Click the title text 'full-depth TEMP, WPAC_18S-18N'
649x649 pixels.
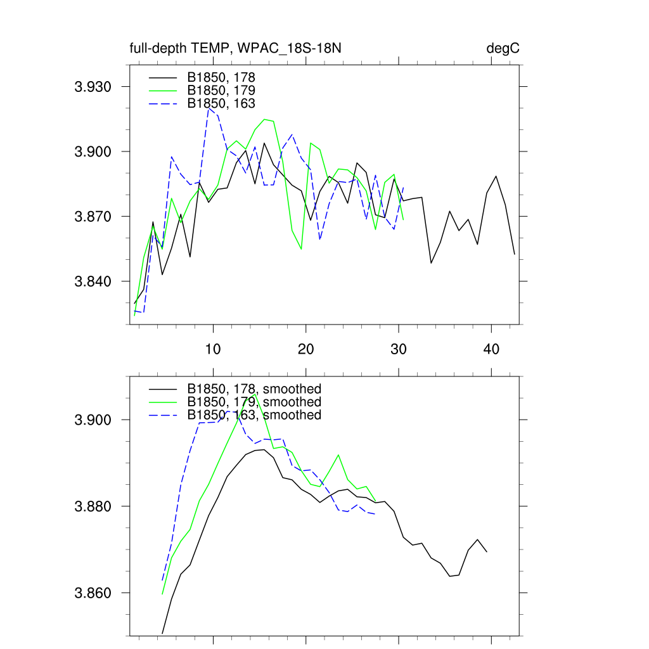coord(236,49)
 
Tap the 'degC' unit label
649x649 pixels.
coord(503,49)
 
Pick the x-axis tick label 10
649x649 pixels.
coord(213,349)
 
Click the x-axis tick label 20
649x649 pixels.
coord(306,349)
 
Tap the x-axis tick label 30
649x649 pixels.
coord(399,349)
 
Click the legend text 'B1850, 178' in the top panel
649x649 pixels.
coord(221,77)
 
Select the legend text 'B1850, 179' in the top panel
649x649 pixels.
coord(221,90)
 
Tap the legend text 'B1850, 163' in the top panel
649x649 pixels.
coord(221,103)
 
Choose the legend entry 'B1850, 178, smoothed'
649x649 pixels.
coord(254,389)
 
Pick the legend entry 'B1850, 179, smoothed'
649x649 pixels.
coord(254,402)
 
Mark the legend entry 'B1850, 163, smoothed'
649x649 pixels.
coord(254,414)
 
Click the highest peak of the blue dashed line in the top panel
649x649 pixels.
coord(209,108)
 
